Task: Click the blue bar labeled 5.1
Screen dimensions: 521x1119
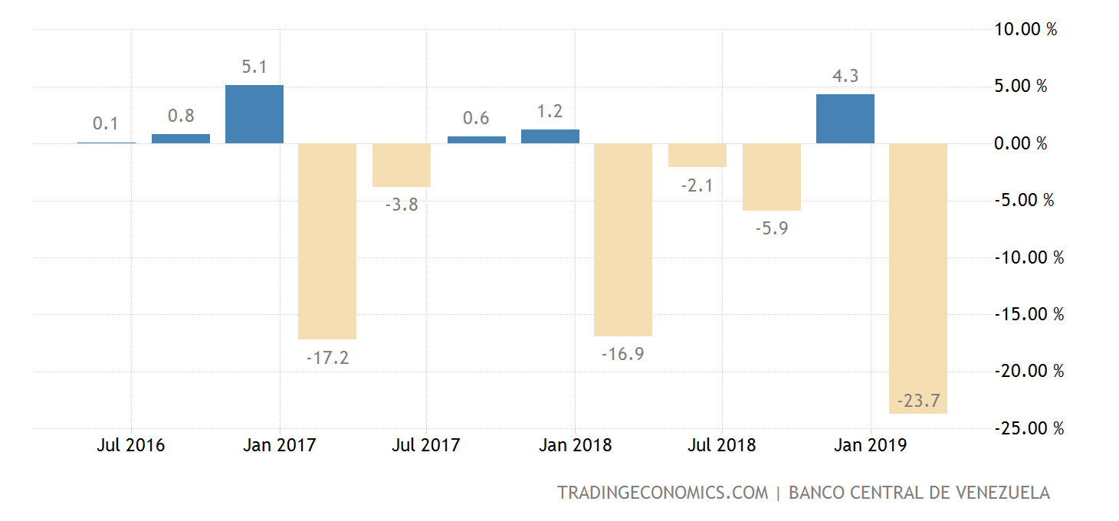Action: pyautogui.click(x=254, y=114)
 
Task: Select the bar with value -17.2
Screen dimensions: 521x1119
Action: pyautogui.click(x=327, y=241)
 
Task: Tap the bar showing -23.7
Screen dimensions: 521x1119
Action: pyautogui.click(x=918, y=278)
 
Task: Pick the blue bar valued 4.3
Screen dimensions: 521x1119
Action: pyautogui.click(x=845, y=119)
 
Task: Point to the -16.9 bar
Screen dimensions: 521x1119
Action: pyautogui.click(x=623, y=239)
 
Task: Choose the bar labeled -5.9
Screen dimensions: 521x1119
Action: pyautogui.click(x=771, y=176)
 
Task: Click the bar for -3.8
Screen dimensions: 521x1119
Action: pyautogui.click(x=402, y=165)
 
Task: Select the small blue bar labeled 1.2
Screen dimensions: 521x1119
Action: pyautogui.click(x=550, y=136)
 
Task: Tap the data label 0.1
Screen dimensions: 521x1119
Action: pyautogui.click(x=106, y=123)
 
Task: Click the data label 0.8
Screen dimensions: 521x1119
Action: pyautogui.click(x=180, y=116)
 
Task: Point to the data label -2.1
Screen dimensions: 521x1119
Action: pyautogui.click(x=697, y=185)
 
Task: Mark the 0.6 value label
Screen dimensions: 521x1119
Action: pyautogui.click(x=476, y=118)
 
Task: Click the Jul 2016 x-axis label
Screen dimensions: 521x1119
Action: pyautogui.click(x=130, y=445)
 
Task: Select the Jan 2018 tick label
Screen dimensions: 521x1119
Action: pyautogui.click(x=575, y=445)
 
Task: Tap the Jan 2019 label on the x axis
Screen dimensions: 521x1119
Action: pyautogui.click(x=871, y=445)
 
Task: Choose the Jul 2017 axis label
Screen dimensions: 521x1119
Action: pyautogui.click(x=426, y=445)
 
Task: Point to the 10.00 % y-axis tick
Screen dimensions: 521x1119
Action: pyautogui.click(x=1025, y=30)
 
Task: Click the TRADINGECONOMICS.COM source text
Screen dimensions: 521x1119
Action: pyautogui.click(x=662, y=493)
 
